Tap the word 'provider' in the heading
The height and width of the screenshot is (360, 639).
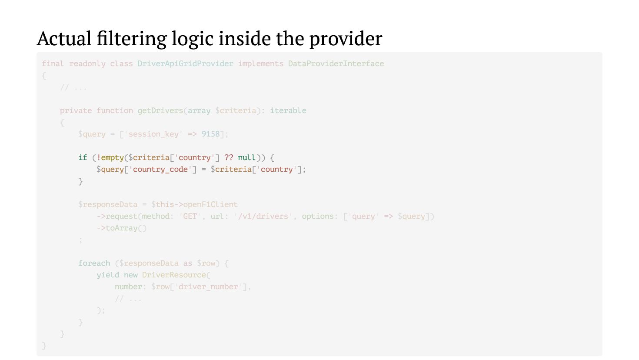[x=346, y=39]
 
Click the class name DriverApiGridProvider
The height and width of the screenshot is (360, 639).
[x=185, y=63]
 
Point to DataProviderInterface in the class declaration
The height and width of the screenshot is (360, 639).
[x=336, y=63]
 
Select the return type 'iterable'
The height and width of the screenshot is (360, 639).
[x=288, y=110]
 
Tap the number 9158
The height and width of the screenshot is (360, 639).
[x=210, y=134]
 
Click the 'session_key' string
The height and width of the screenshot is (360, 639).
[x=153, y=134]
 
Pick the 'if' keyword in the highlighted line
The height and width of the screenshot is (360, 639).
[x=83, y=157]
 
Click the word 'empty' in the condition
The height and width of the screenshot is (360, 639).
[x=112, y=157]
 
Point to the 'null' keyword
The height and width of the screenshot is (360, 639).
[x=246, y=157]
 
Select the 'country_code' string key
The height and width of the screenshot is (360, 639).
[x=160, y=169]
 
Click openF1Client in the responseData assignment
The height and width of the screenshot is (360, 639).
[x=210, y=204]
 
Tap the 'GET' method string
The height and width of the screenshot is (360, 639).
[x=190, y=216]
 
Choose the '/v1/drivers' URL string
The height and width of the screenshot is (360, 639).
[x=263, y=216]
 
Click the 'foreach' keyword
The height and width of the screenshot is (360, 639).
[x=94, y=263]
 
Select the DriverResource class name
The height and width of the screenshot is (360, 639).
[x=174, y=275]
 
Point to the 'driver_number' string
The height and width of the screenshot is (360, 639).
[x=208, y=287]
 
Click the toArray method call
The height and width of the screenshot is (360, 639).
[x=122, y=228]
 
